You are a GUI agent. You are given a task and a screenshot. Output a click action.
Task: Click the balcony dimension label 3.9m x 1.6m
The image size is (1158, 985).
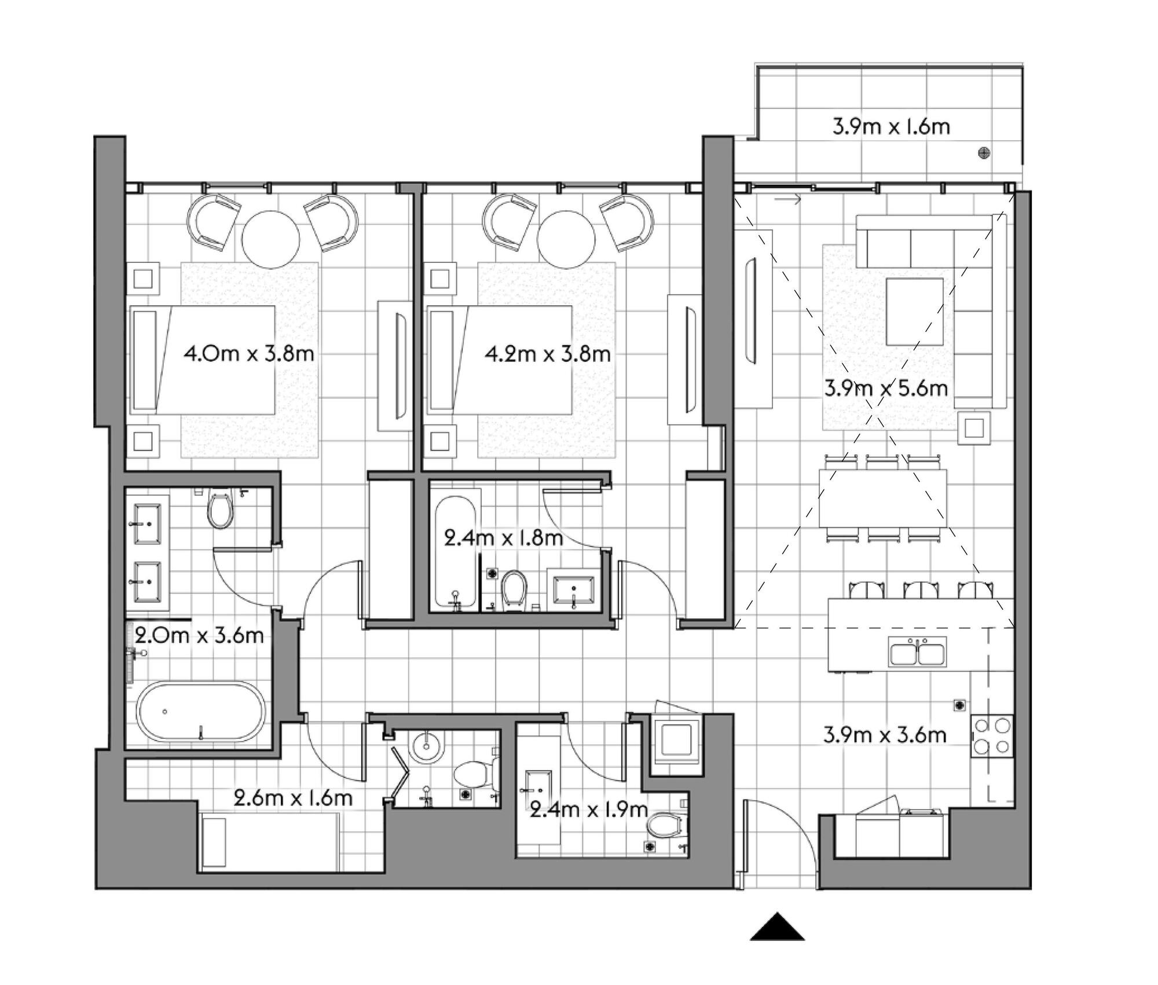point(891,127)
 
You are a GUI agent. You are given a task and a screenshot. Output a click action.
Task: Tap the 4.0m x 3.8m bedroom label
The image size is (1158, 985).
point(249,353)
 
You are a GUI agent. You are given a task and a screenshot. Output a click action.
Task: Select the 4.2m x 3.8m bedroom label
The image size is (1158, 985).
point(548,353)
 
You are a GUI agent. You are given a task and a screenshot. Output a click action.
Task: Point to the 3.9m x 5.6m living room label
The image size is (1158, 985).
point(886,388)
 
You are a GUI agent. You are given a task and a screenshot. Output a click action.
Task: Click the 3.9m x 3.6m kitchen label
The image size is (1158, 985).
point(885,735)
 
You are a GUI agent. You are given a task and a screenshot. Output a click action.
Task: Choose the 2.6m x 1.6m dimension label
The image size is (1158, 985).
point(293,799)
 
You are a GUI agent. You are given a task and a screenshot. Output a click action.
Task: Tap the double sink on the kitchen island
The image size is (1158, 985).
point(918,651)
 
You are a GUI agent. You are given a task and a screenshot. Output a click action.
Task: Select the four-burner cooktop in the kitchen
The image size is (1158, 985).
point(992,736)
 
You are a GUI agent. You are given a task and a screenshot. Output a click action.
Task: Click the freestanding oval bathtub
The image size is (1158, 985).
point(201,712)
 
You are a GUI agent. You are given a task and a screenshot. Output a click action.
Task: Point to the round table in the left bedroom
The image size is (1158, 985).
point(271,238)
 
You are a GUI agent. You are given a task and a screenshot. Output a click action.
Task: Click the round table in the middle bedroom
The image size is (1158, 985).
point(566,238)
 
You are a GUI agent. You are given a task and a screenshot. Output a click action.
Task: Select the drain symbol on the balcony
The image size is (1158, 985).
point(984,153)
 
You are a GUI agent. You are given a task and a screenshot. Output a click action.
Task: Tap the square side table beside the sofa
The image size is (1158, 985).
point(974,428)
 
